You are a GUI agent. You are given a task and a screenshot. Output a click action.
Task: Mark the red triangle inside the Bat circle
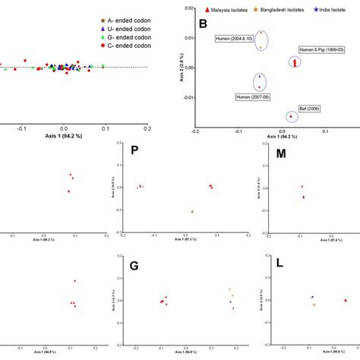[291, 116]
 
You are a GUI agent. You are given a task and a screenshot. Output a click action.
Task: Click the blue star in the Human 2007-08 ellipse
[260, 77]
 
